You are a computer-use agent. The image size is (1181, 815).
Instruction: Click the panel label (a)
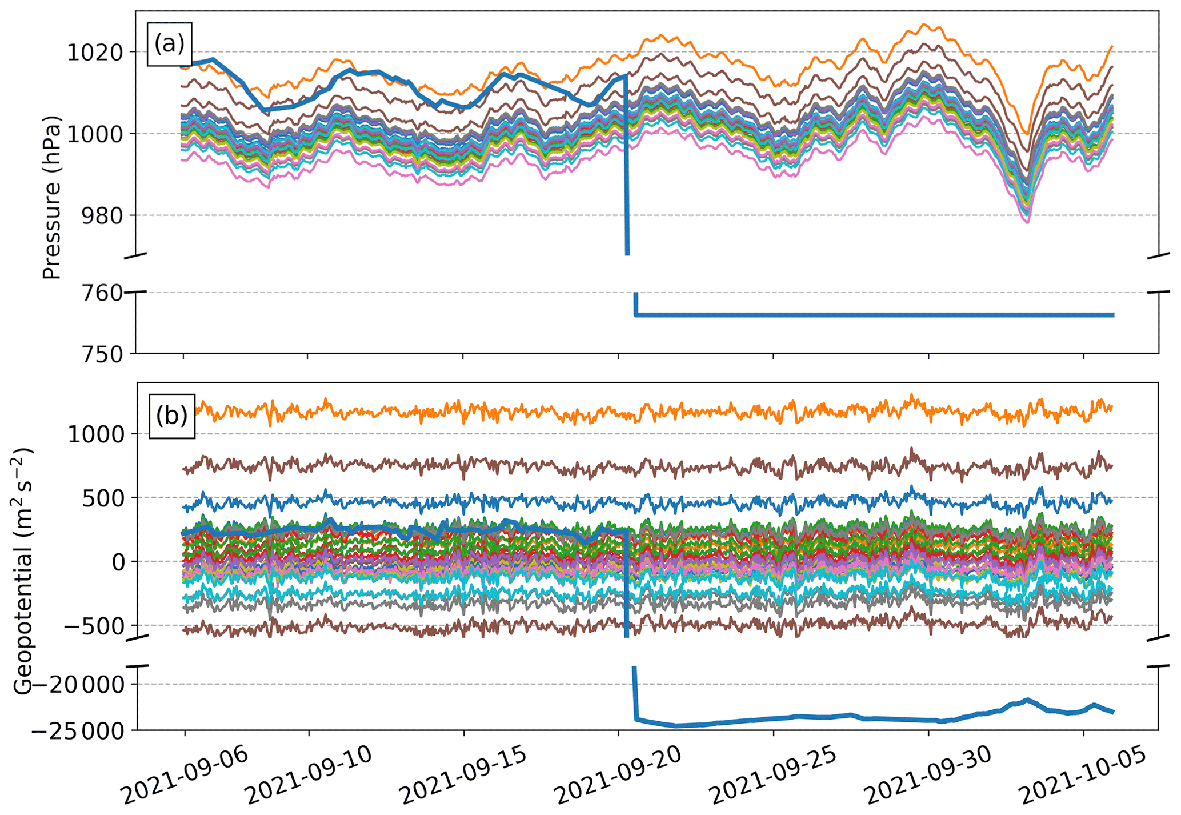tap(169, 44)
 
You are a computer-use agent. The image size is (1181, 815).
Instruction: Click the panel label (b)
tap(171, 416)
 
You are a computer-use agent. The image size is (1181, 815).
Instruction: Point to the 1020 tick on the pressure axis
tap(95, 53)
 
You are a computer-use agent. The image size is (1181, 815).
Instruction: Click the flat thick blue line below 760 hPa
tap(857, 315)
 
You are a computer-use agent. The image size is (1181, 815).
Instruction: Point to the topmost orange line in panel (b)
tap(571, 413)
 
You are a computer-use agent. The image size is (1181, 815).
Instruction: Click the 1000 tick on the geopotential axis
tap(95, 434)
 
